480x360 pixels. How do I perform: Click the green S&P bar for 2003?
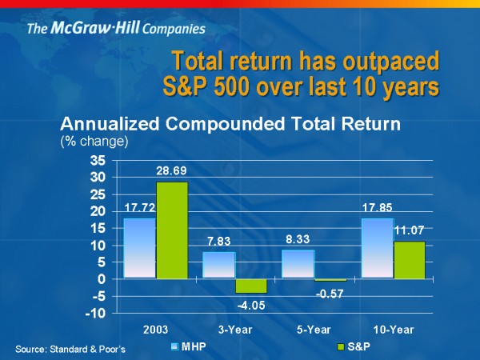(172, 230)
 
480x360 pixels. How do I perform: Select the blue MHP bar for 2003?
(139, 249)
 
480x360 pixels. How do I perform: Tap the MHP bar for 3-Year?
(218, 266)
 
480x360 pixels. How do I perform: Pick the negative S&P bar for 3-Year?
(250, 286)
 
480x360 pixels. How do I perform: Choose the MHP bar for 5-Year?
(298, 265)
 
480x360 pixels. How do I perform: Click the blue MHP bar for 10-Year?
(377, 249)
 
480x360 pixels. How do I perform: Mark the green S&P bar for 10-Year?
(409, 260)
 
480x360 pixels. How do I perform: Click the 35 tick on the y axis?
(97, 160)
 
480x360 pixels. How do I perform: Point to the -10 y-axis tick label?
(94, 314)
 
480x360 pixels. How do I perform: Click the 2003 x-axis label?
(155, 329)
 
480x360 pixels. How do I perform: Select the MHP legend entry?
(189, 348)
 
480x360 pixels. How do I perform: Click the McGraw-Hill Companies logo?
(116, 30)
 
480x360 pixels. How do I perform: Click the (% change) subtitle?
(94, 141)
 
